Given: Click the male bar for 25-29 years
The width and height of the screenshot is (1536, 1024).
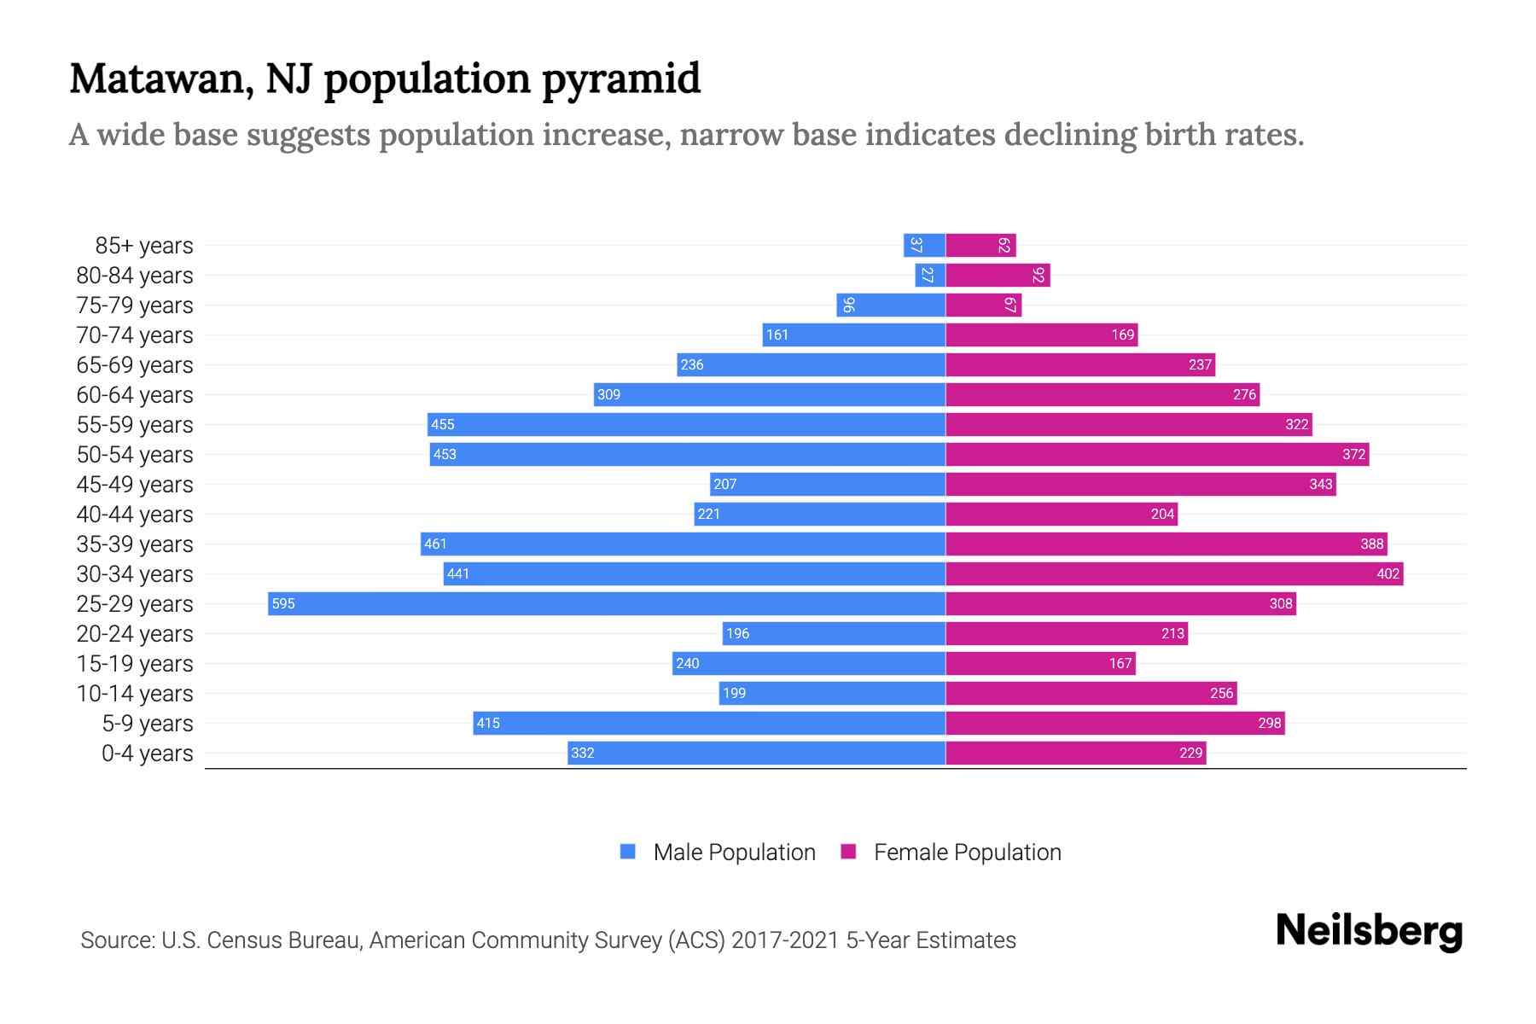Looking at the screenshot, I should (606, 603).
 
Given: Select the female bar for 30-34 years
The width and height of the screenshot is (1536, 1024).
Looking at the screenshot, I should (1173, 573).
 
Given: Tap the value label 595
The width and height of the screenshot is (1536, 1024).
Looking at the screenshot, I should (283, 603).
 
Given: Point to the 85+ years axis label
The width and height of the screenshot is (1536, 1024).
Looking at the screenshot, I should (143, 246).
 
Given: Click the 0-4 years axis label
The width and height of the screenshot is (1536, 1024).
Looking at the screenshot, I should (147, 753).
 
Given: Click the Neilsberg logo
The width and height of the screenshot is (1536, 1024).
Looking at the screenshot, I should (1369, 931).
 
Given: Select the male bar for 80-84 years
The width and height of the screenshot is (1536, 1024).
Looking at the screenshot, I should (930, 275).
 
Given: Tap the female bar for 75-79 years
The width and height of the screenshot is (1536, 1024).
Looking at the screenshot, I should (983, 305).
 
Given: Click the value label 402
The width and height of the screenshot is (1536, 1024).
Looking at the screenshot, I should (1388, 573).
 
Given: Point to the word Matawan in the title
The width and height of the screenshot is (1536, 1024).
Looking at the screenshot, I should (160, 79).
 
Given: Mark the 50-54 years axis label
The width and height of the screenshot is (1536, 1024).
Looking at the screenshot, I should (135, 455).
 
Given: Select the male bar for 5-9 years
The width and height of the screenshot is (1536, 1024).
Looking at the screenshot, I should (708, 723).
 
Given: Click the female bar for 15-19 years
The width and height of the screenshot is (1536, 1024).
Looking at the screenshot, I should (1040, 663).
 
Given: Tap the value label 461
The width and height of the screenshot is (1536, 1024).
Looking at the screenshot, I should (435, 544).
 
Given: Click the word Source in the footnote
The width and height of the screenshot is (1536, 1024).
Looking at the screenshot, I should (116, 940).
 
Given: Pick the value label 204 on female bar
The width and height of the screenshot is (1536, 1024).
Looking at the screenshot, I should (1162, 514).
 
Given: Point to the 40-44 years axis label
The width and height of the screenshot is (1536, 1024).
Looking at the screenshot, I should (135, 515).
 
